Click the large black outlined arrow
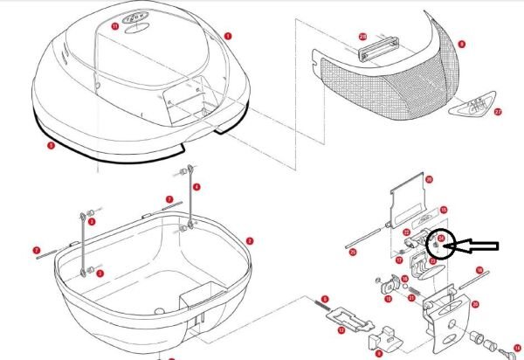[477, 247]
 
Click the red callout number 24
[441, 237]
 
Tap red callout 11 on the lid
[115, 27]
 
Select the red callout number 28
[362, 37]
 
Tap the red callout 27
[499, 112]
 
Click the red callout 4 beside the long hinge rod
[196, 187]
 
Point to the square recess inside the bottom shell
[194, 301]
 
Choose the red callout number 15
[444, 210]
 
